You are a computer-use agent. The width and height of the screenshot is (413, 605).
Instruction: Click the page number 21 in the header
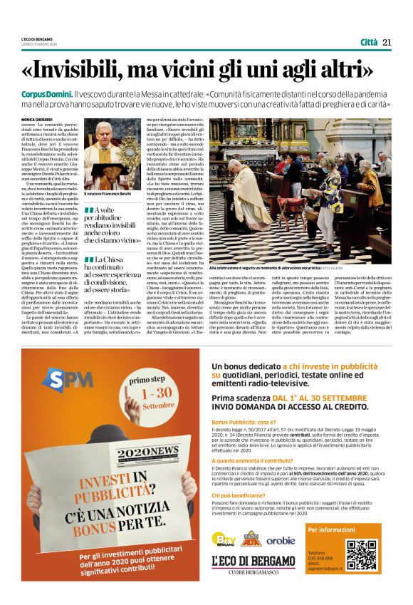[387, 42]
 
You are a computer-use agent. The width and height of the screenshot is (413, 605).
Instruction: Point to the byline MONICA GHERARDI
[36, 119]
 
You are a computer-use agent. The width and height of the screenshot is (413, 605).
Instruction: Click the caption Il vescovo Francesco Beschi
[107, 193]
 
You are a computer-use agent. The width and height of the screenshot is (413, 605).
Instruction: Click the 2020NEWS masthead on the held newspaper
[149, 451]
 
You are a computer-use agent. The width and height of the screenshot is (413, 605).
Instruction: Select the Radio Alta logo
[252, 539]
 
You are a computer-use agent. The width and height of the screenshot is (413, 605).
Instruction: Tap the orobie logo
[281, 540]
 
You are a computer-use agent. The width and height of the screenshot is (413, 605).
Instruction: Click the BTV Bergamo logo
[224, 540]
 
